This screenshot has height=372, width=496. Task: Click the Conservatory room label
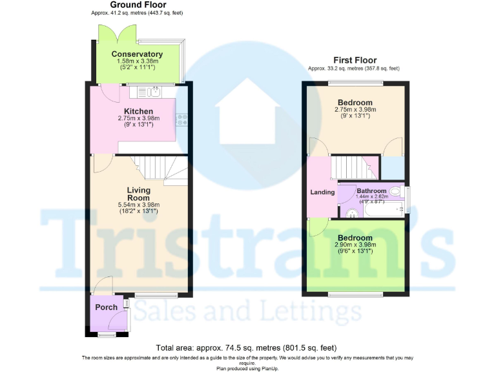[x=137, y=54]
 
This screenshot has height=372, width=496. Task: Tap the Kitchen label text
[x=138, y=111]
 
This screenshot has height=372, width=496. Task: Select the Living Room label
[x=138, y=194]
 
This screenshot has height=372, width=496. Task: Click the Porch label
[x=107, y=307]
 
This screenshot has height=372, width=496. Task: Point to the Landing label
[x=322, y=192]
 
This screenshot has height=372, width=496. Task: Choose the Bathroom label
[x=371, y=191]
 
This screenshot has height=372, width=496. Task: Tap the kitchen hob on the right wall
[x=183, y=119]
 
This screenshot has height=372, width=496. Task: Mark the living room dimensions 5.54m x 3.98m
[x=138, y=205]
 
